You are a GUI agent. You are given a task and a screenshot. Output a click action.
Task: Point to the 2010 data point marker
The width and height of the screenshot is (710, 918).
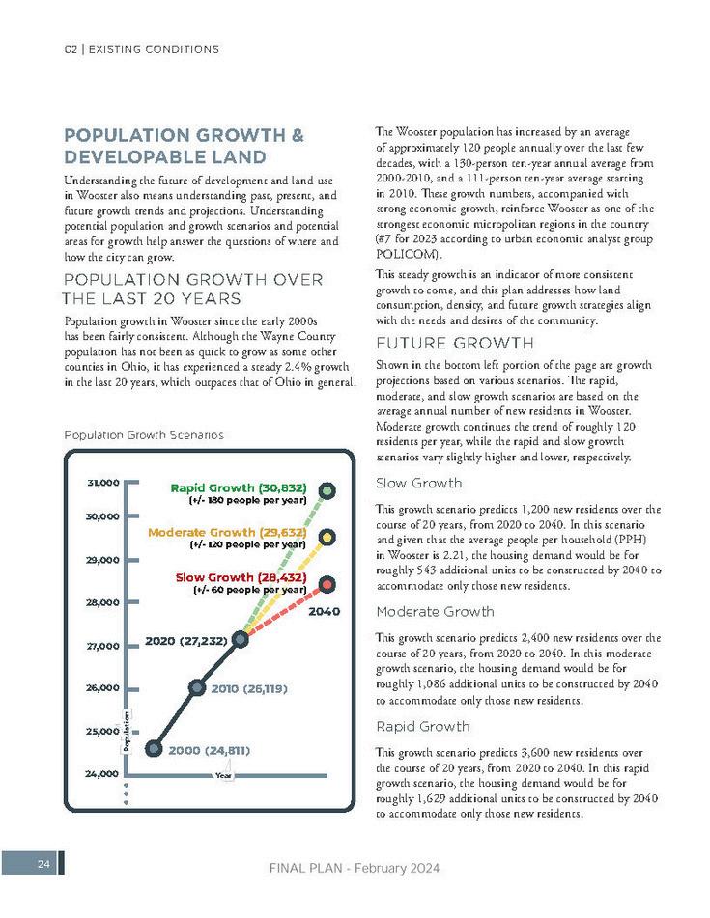pos(196,688)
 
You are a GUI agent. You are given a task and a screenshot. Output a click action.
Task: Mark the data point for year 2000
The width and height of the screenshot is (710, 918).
pos(153,748)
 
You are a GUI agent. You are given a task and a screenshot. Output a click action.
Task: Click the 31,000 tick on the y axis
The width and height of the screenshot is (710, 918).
pos(103,482)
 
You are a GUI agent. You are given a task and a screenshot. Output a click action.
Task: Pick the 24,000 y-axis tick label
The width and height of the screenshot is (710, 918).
pos(102,774)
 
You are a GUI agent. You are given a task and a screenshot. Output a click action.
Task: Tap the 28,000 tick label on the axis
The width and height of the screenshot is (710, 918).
pos(102,603)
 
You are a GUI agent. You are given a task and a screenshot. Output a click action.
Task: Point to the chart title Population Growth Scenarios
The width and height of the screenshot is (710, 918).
pos(144,435)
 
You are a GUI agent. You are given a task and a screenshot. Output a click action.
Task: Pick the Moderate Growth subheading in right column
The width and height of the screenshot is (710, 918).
pos(435,612)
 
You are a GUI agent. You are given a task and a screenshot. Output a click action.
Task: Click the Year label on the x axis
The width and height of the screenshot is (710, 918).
pos(224,774)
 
